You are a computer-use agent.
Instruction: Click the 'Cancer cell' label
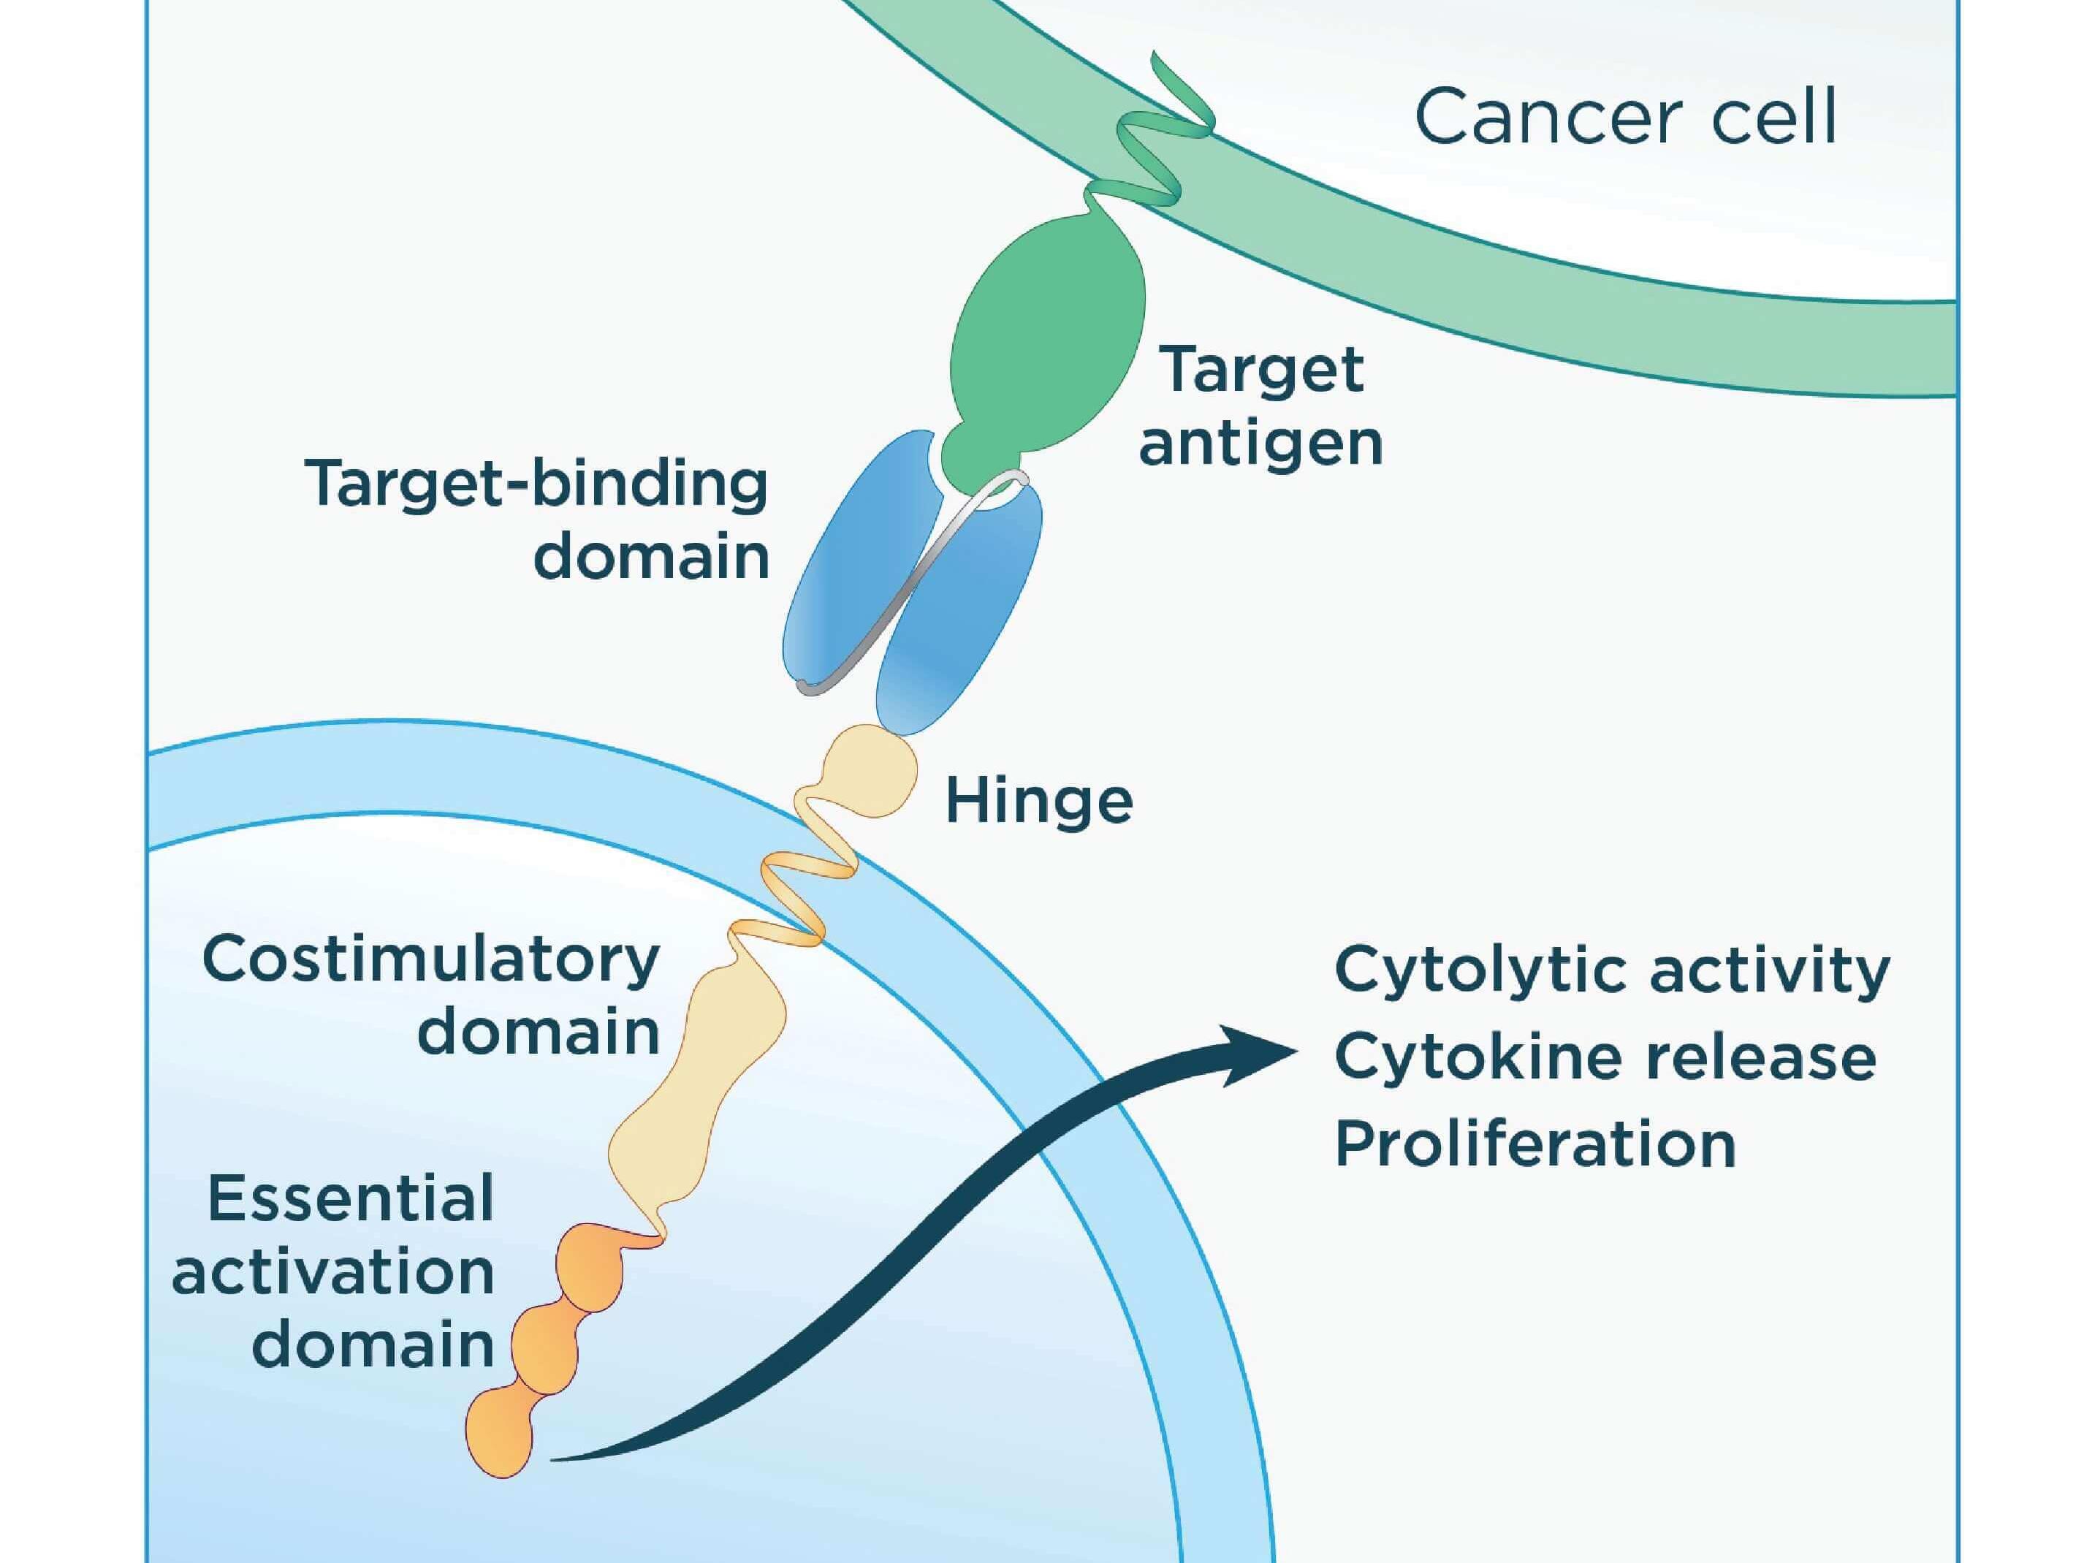point(1625,118)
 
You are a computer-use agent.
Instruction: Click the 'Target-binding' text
point(536,486)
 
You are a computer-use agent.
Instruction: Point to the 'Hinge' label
point(1038,801)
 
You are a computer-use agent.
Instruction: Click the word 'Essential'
point(351,1198)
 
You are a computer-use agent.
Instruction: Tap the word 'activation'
point(332,1272)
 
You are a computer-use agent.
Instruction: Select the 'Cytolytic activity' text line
point(1612,970)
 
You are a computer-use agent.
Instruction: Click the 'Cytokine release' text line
point(1605,1057)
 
